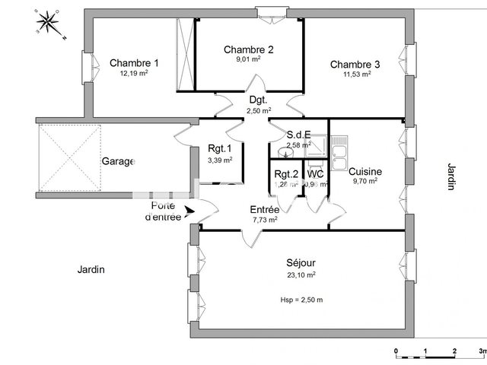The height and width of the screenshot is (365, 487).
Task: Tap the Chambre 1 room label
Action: click(134, 63)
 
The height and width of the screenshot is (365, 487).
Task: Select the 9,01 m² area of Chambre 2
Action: click(249, 62)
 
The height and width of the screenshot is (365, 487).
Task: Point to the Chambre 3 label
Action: click(355, 64)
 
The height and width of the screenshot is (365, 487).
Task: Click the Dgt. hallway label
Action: click(258, 100)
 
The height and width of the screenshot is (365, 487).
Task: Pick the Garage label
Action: click(118, 161)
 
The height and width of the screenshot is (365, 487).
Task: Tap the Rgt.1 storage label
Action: click(220, 149)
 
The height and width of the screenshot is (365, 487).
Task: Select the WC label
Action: click(316, 173)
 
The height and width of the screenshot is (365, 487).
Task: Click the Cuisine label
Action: click(365, 172)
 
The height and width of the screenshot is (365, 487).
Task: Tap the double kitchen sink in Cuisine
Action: click(337, 152)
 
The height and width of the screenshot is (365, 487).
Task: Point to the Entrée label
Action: click(265, 209)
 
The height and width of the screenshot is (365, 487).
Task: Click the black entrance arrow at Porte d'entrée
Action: click(189, 212)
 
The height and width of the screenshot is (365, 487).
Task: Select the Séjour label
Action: click(300, 263)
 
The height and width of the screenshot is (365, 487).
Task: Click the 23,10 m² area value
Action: click(301, 275)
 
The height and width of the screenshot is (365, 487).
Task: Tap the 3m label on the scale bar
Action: click(481, 351)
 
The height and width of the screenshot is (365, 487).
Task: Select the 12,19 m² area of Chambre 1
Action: click(134, 74)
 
